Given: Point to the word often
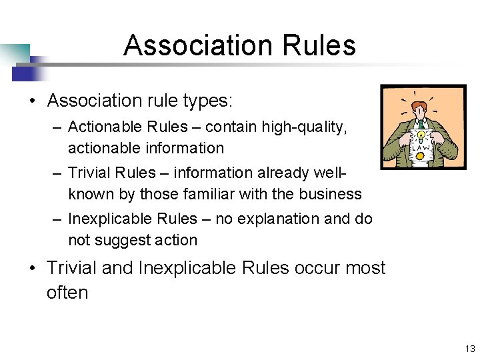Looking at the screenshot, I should click(x=67, y=293).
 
